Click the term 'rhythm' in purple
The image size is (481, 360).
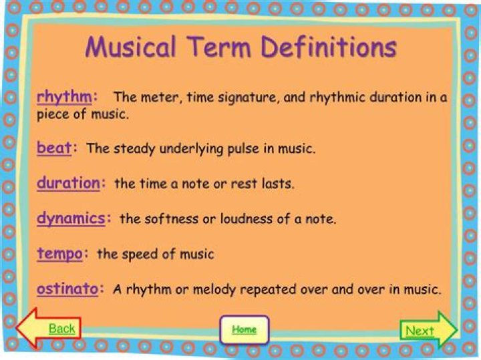(63, 97)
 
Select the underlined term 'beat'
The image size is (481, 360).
(54, 148)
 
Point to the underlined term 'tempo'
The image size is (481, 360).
(59, 253)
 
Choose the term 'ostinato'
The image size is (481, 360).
(67, 289)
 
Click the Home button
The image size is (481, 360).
(244, 329)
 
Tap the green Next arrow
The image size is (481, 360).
(428, 330)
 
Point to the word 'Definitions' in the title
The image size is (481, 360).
(329, 47)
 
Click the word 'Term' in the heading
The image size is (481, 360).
(219, 47)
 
